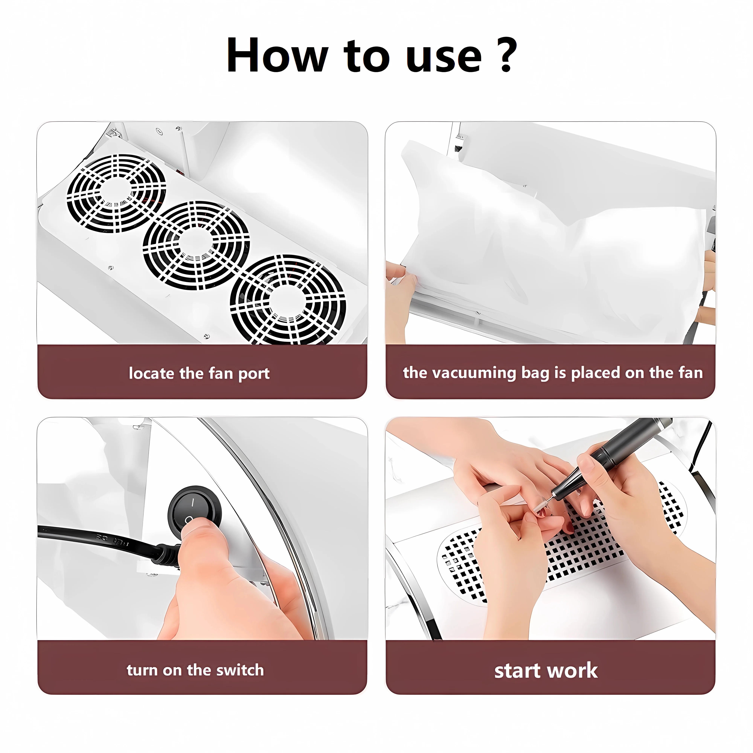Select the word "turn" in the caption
click(142, 670)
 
